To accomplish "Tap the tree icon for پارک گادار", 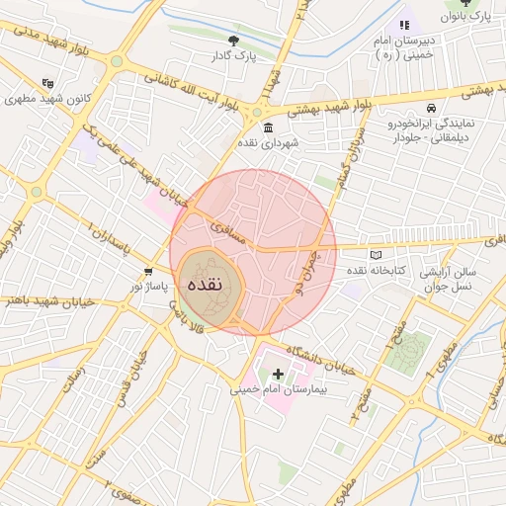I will (233, 41).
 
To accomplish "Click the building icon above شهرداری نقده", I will (268, 126).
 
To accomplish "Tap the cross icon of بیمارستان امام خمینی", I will (278, 375).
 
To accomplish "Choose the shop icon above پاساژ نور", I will (148, 272).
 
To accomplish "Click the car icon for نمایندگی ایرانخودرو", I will (431, 108).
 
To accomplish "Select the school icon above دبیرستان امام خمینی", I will (403, 25).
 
